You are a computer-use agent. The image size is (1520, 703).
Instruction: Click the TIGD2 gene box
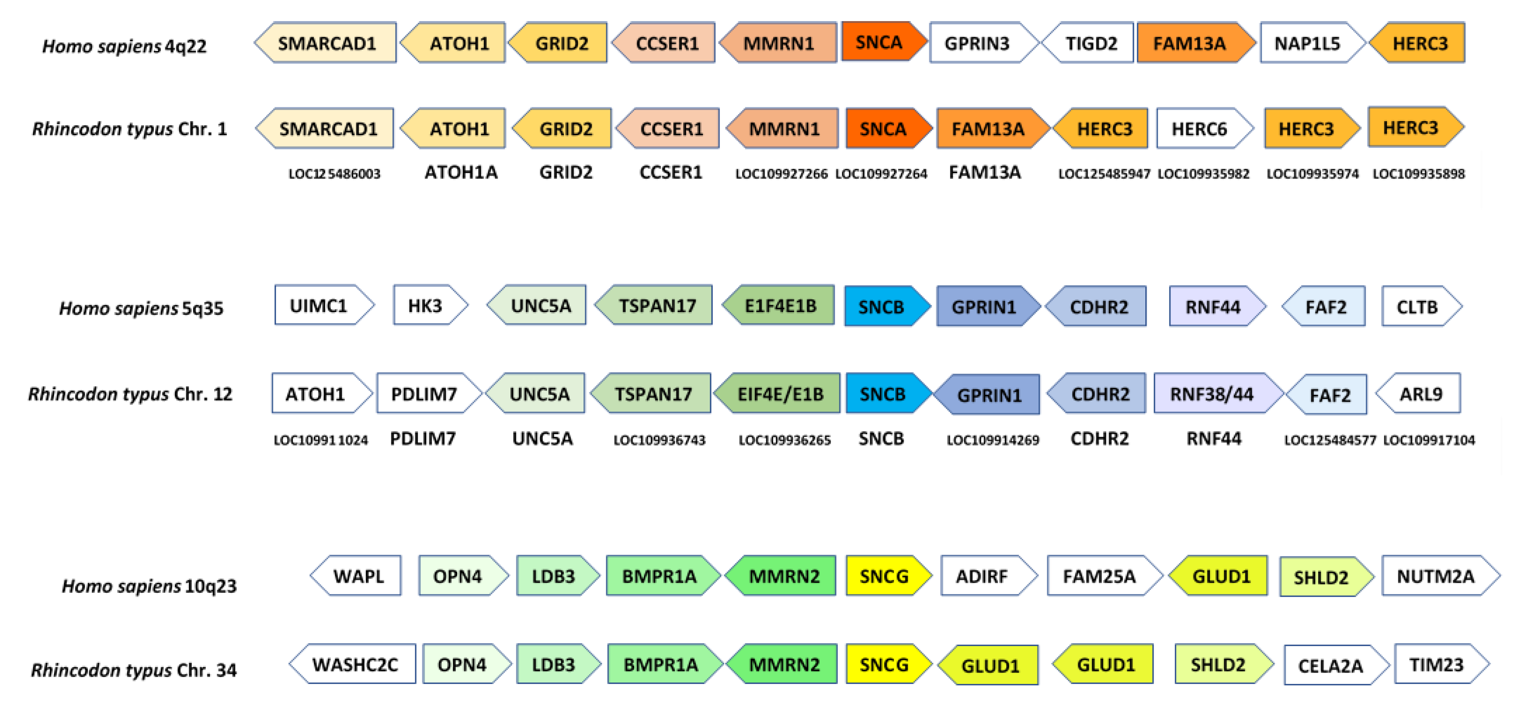(1090, 43)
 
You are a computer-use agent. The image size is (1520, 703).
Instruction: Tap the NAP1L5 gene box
(1308, 43)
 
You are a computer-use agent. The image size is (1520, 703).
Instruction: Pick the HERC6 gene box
(1200, 129)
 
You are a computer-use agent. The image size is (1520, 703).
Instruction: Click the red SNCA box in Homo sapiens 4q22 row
(880, 42)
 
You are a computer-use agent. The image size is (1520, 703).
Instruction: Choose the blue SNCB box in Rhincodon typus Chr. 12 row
(883, 394)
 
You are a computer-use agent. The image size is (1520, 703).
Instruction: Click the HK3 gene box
(426, 306)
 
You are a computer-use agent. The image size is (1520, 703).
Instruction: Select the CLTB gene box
(1417, 307)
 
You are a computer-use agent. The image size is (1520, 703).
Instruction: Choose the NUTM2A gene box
(1436, 575)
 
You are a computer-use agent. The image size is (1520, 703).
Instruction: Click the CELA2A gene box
(1331, 666)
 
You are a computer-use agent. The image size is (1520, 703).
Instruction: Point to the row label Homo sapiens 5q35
(142, 308)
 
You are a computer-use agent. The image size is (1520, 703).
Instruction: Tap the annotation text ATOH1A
(461, 172)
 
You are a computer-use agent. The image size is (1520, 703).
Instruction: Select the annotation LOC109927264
(882, 174)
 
